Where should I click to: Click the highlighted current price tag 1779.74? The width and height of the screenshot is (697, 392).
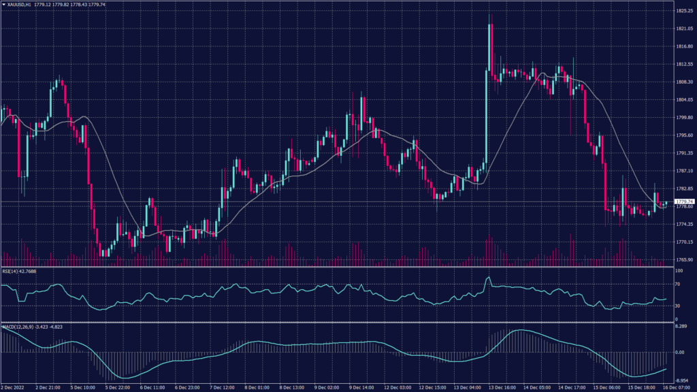tap(683, 201)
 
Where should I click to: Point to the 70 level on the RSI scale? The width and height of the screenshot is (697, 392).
tap(677, 285)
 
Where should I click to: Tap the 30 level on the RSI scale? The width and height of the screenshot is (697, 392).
tap(677, 306)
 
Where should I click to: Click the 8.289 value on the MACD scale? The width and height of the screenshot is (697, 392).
tap(681, 328)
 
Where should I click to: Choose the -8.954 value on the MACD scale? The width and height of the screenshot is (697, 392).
tap(681, 380)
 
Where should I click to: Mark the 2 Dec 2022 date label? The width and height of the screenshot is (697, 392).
tap(13, 387)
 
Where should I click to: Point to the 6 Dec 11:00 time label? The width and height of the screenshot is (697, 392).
tap(152, 387)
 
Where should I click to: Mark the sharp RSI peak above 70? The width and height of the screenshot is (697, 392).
tap(488, 278)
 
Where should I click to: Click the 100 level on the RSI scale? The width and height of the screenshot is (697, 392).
tap(678, 271)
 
